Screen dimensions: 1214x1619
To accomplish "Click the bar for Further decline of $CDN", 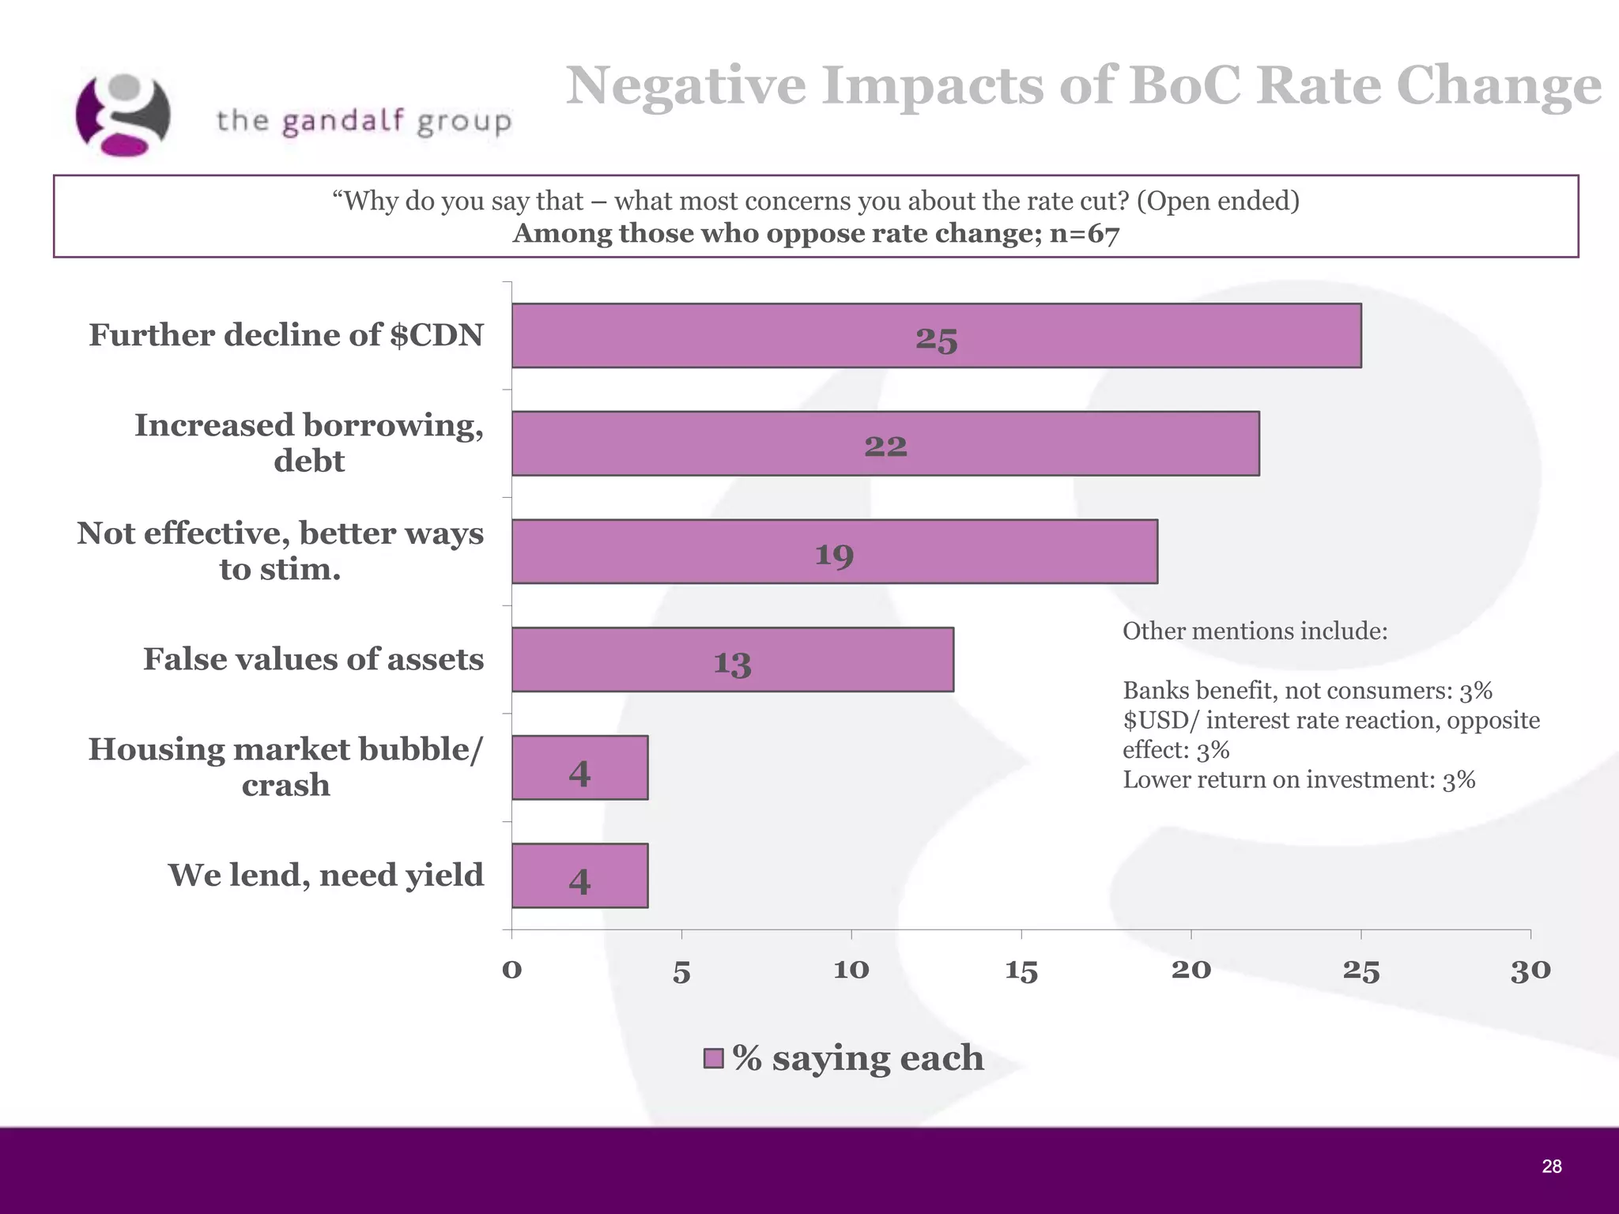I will click(x=936, y=336).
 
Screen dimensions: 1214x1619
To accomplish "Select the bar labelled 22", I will click(x=885, y=443).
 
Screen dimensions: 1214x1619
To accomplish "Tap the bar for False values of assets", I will click(x=732, y=660).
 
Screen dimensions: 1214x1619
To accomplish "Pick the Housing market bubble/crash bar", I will click(x=579, y=767).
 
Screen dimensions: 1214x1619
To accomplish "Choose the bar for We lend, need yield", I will click(x=579, y=876).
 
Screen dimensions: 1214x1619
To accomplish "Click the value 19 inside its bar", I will click(x=835, y=554).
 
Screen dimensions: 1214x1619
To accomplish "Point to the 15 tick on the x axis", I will click(x=1021, y=971).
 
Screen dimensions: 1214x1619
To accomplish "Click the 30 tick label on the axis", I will click(x=1530, y=971).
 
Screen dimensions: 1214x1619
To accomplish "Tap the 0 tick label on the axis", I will click(x=511, y=971).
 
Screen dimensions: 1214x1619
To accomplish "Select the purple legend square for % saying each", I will click(x=713, y=1058).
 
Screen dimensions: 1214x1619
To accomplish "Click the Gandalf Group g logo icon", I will click(x=123, y=115).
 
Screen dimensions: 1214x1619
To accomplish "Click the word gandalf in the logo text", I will click(x=343, y=122).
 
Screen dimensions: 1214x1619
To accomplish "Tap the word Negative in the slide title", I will click(x=685, y=85).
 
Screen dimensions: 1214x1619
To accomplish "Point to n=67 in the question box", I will click(x=1085, y=234).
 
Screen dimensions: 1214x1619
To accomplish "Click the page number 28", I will click(x=1551, y=1167).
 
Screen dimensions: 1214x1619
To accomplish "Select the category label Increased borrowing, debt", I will click(x=308, y=443).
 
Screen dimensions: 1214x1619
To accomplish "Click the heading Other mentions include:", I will click(x=1255, y=632).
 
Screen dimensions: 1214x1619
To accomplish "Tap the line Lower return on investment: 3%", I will click(x=1299, y=780).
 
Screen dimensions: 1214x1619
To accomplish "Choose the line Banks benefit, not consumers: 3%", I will click(x=1307, y=691).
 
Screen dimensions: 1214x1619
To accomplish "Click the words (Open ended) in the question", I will click(x=1217, y=201).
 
